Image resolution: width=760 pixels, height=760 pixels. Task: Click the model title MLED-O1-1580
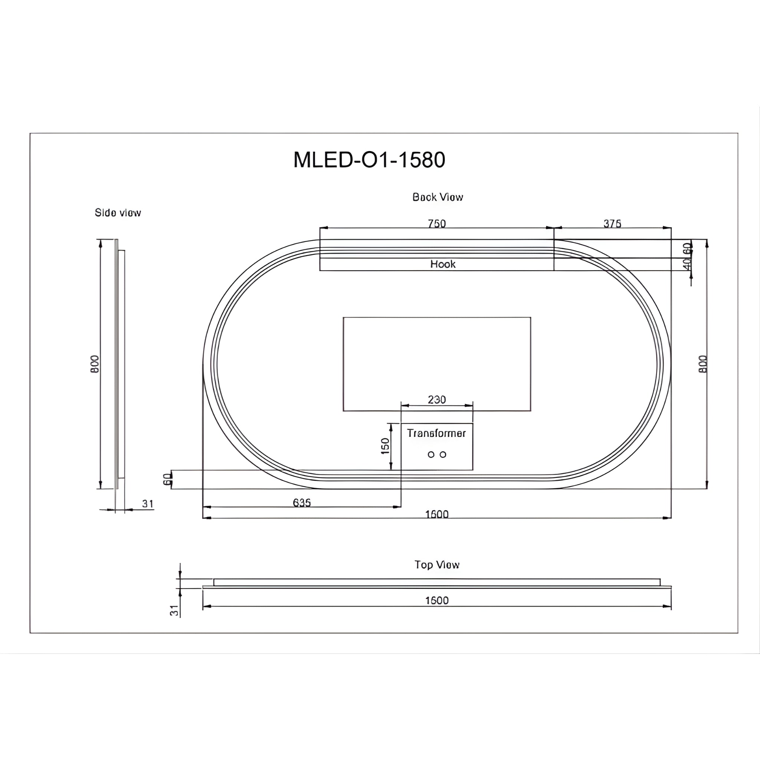click(x=369, y=160)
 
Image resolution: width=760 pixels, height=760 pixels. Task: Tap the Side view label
click(x=118, y=213)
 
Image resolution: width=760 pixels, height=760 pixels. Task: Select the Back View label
click(x=438, y=197)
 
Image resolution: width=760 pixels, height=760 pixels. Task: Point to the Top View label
click(x=437, y=565)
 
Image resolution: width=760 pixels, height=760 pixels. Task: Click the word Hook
click(x=443, y=264)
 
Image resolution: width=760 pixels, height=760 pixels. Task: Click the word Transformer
click(x=436, y=433)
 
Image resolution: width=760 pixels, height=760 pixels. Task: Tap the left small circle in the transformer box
click(x=431, y=455)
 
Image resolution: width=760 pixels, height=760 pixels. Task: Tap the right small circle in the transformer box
click(x=443, y=455)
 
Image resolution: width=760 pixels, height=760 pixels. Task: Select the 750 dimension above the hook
click(x=437, y=223)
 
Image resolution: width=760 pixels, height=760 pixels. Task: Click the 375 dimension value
click(x=612, y=223)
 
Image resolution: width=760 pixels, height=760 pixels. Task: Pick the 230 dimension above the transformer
click(x=437, y=400)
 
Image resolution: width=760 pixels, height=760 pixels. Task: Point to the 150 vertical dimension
click(x=385, y=446)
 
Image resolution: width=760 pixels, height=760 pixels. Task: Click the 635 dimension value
click(x=302, y=503)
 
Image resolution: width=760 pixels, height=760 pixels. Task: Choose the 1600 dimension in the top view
click(x=437, y=601)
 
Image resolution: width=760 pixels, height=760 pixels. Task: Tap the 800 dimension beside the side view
click(x=95, y=364)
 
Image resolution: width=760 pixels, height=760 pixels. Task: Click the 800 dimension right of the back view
click(x=703, y=364)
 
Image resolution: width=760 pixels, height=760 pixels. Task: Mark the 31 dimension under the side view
click(x=148, y=504)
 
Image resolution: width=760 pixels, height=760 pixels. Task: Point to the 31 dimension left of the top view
click(x=174, y=610)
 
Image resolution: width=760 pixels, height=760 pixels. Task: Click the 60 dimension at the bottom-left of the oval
click(x=167, y=479)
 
